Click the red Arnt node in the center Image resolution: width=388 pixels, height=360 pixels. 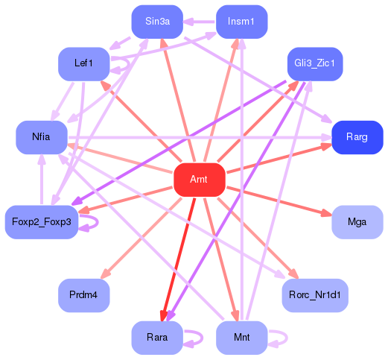point(199,180)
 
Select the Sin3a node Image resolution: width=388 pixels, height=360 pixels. point(157,22)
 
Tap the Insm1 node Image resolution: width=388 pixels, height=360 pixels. point(241,22)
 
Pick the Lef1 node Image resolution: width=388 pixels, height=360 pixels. point(83,63)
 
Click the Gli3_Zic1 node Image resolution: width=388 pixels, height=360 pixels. point(314,63)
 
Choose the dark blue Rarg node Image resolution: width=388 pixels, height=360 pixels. point(357,137)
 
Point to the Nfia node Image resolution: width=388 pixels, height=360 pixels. point(42,137)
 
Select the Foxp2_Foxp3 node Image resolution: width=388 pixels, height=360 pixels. point(42,222)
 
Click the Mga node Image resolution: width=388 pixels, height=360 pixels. point(357,222)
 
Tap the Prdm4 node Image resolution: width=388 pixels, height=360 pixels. point(83,296)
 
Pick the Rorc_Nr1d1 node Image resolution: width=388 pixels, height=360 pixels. point(314,296)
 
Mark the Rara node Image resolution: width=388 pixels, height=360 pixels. point(157,338)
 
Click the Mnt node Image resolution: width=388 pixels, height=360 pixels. point(241,338)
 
